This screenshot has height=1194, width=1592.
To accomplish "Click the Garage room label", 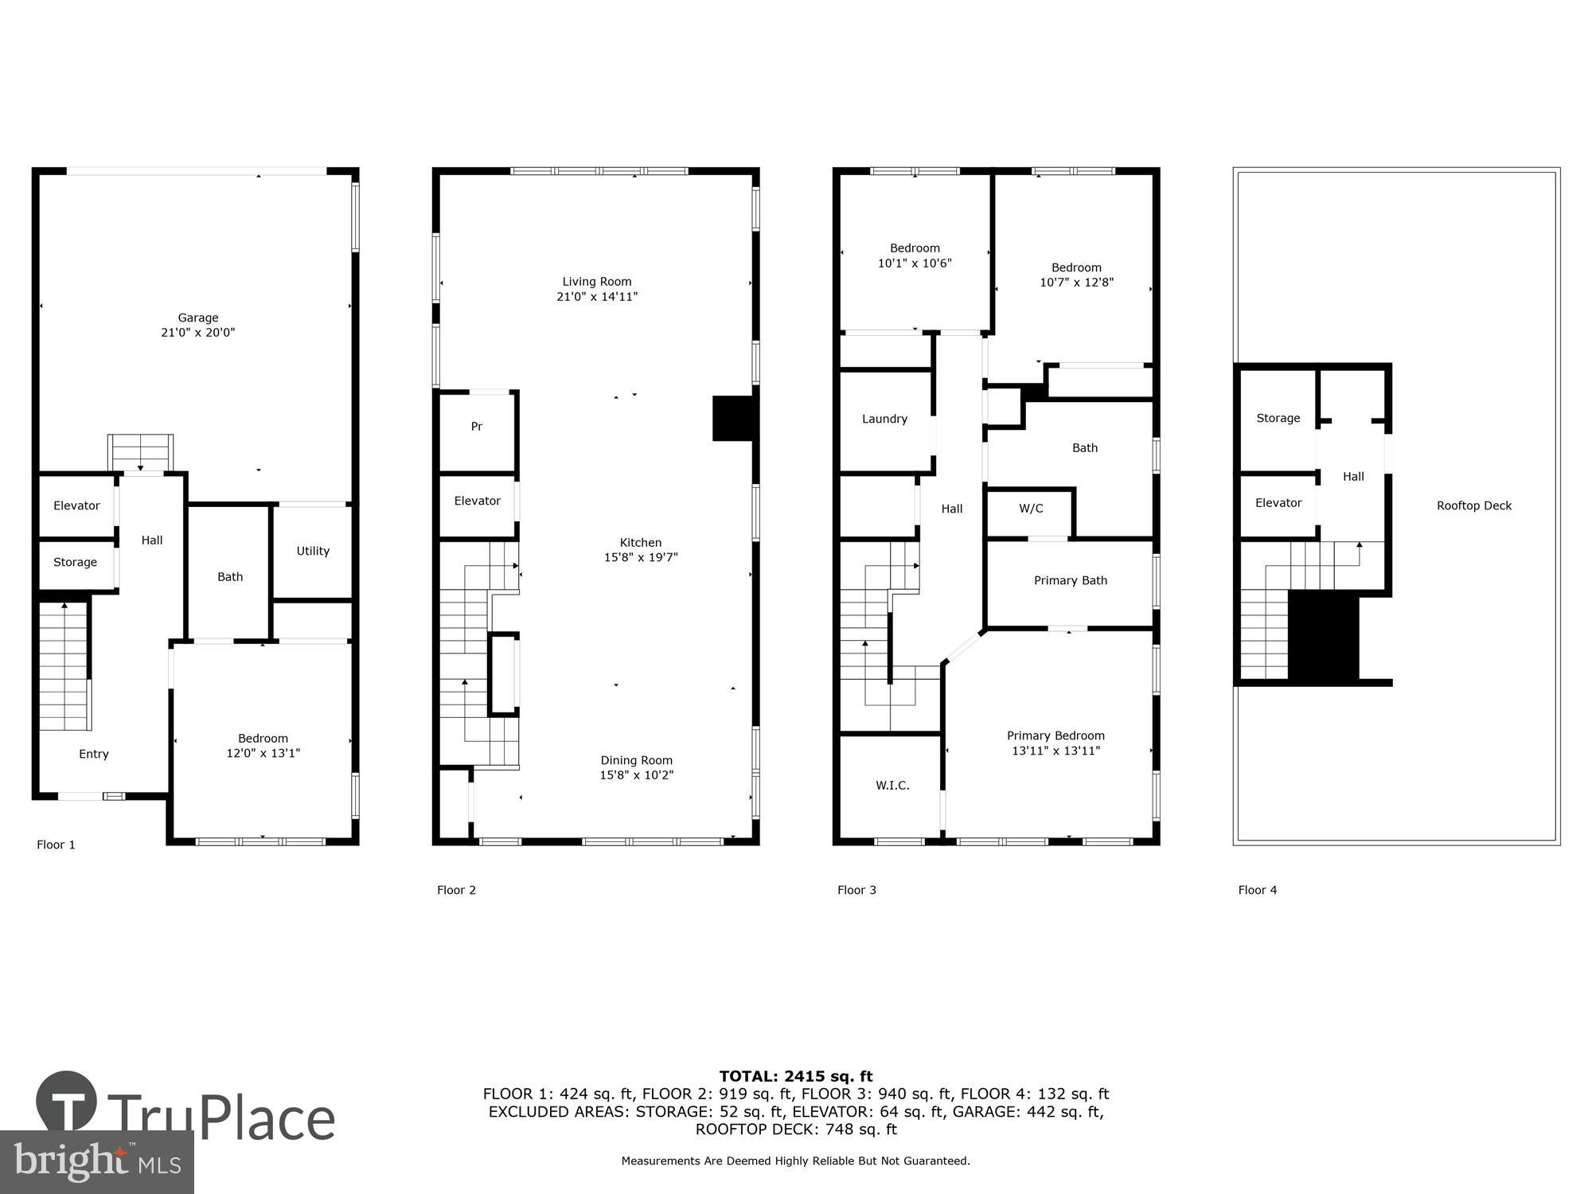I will click(197, 318).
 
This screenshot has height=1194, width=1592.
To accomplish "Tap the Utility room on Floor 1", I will click(313, 551).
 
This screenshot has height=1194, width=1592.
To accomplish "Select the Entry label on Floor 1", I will click(94, 754).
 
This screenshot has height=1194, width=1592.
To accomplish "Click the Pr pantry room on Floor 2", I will click(476, 427).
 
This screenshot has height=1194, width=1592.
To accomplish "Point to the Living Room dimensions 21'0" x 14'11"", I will click(597, 297).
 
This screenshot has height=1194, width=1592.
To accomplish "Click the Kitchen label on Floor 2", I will click(641, 543).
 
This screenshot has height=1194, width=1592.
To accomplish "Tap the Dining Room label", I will click(636, 760).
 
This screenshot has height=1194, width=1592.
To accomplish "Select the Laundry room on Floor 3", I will click(884, 419).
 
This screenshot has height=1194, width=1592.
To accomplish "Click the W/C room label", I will click(1031, 509).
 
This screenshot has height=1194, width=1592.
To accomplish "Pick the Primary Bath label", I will click(1070, 580).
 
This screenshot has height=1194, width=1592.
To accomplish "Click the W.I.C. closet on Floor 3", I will click(892, 786).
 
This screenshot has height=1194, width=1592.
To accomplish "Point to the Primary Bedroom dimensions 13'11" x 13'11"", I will click(1055, 751).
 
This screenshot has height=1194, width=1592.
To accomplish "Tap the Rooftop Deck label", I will click(1473, 505).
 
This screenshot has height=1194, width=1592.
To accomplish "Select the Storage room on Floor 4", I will click(1278, 418).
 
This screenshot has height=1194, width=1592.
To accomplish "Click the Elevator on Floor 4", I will click(1278, 503).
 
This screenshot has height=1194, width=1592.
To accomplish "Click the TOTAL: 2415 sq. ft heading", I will click(796, 1076).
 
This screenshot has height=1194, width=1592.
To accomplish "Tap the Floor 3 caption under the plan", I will click(856, 890).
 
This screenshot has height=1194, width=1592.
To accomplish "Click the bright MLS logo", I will click(97, 1162).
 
